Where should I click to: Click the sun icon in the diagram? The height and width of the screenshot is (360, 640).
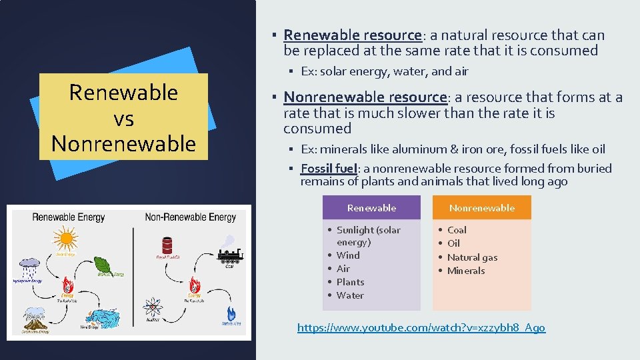click(65, 238)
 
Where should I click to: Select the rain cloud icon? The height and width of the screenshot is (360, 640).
click(29, 267)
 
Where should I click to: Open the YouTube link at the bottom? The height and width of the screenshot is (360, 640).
click(421, 327)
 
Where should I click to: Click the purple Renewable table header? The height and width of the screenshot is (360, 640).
click(371, 207)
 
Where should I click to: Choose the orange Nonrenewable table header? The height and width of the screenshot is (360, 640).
click(481, 207)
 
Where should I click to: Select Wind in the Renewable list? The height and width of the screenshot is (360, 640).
click(348, 255)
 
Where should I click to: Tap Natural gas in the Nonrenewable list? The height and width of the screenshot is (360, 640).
click(472, 257)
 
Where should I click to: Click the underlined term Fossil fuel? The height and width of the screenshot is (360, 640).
click(329, 169)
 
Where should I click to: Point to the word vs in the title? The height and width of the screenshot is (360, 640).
click(123, 119)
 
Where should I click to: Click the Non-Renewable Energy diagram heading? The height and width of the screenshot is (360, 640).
click(190, 217)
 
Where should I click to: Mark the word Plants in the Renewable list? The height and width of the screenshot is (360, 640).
click(350, 282)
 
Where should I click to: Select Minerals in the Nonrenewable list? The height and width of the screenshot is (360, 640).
click(466, 271)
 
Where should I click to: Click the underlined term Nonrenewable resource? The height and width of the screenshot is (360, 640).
click(365, 97)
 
